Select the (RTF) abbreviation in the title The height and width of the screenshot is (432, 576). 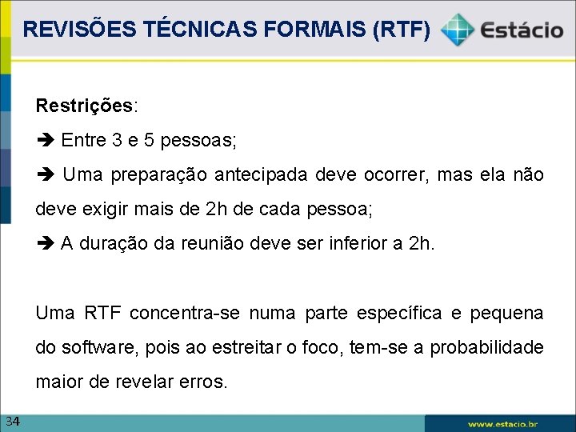pyautogui.click(x=405, y=30)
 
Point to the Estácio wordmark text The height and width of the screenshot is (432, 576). pyautogui.click(x=522, y=30)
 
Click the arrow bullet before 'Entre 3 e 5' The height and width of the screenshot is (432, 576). pyautogui.click(x=45, y=141)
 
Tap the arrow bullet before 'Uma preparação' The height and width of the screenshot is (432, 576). pyautogui.click(x=45, y=175)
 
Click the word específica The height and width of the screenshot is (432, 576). pyautogui.click(x=410, y=313)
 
